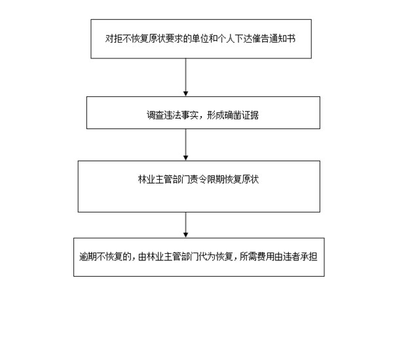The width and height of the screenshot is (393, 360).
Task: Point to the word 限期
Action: point(215,180)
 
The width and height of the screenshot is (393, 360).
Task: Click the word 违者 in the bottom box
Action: point(291,256)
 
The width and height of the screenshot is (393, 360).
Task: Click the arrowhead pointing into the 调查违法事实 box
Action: point(186,94)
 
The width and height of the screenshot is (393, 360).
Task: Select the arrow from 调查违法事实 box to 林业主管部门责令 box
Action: point(186,145)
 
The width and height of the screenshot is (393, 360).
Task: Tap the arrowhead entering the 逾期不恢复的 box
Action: point(186,235)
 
